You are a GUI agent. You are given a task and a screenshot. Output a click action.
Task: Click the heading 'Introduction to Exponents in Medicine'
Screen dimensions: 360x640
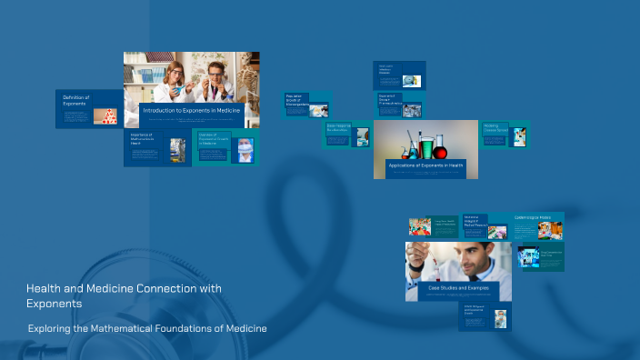(191, 110)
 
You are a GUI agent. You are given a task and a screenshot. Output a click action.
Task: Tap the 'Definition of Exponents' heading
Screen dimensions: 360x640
(75, 100)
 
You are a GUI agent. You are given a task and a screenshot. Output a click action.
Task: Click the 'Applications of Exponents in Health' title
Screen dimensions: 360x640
(425, 165)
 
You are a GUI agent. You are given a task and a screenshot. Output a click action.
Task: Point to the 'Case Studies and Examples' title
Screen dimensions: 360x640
(458, 287)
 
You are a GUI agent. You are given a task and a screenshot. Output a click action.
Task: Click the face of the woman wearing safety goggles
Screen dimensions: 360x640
(174, 73)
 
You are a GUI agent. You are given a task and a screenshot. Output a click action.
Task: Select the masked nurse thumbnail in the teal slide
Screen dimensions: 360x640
(245, 149)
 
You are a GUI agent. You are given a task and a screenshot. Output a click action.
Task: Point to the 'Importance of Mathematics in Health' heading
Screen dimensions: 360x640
(143, 139)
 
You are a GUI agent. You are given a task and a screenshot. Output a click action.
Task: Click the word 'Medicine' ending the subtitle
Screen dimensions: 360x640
(245, 328)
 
